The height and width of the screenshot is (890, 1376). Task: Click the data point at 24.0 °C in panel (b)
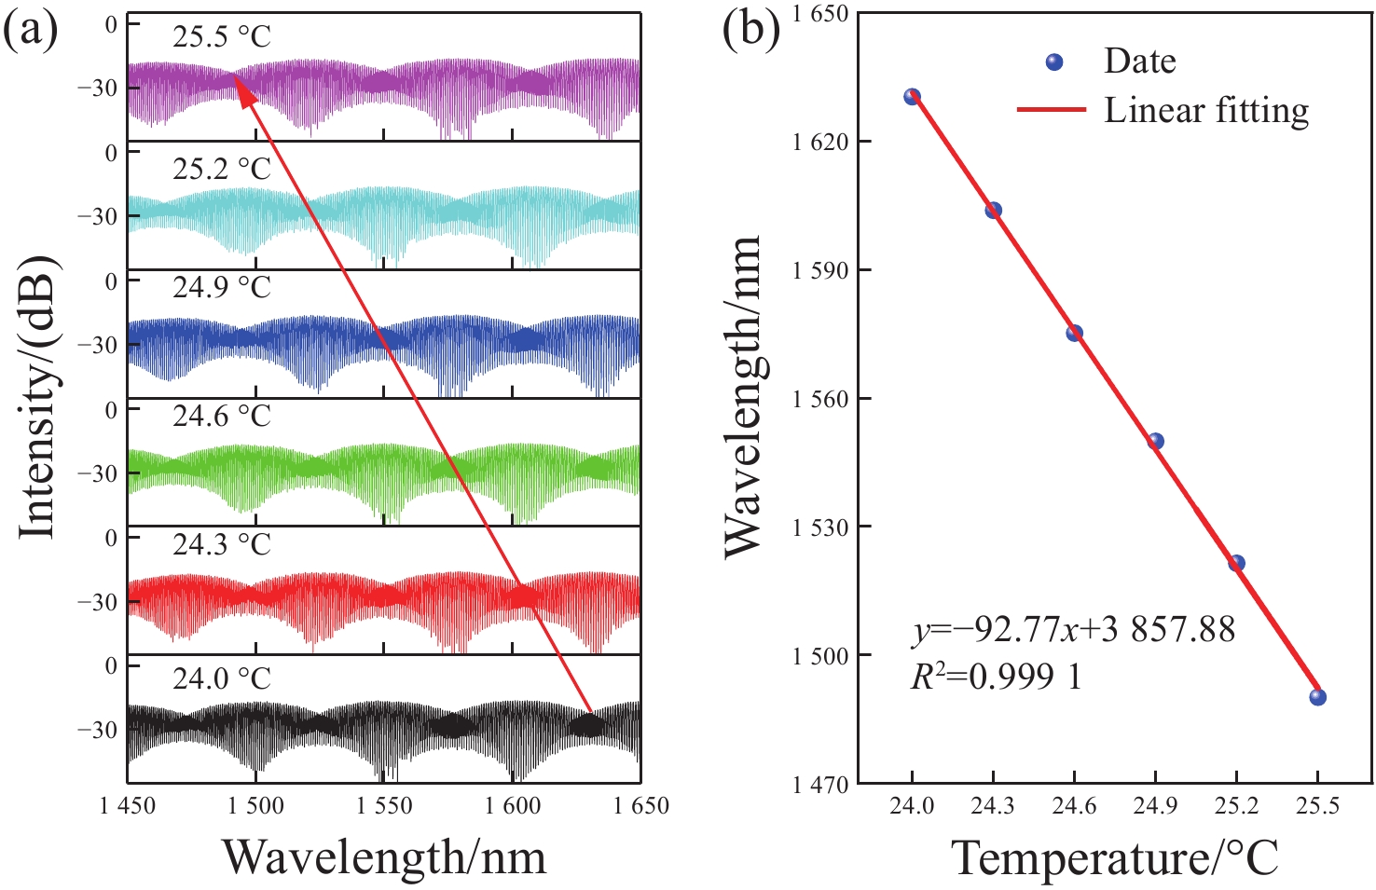912,96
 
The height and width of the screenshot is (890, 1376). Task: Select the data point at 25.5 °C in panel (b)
1317,697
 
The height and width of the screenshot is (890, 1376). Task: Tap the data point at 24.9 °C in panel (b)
1155,441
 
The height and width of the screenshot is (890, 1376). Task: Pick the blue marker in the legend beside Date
1054,62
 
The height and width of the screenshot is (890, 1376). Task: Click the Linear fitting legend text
1206,111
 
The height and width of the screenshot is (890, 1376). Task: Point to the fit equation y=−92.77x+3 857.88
1073,630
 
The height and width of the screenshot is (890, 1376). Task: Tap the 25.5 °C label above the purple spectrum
222,36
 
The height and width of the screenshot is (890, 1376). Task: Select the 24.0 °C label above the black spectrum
222,678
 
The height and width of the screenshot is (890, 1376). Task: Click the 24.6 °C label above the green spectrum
222,415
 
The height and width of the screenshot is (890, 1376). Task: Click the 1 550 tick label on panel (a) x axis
383,806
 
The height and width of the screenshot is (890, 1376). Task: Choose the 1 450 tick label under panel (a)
127,806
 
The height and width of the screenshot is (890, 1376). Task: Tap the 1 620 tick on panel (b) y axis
820,142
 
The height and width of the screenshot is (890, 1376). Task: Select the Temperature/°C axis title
1115,858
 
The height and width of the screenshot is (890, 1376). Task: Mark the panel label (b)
752,30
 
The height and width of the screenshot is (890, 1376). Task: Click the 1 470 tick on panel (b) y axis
820,785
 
